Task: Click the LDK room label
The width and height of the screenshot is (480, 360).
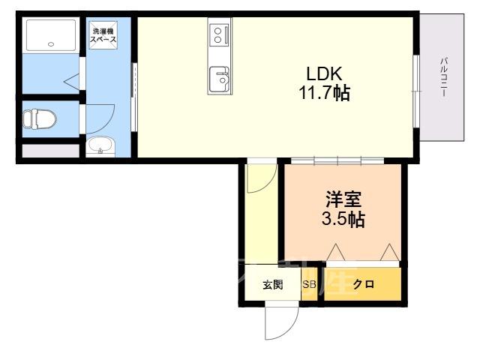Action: [324, 73]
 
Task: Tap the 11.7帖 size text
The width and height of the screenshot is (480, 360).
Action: [325, 92]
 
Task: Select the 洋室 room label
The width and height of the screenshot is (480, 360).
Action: [343, 199]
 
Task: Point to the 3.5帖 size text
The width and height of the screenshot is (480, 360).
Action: [343, 219]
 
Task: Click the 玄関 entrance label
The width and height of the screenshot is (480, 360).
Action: [273, 285]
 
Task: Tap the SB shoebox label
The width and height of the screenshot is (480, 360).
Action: [309, 284]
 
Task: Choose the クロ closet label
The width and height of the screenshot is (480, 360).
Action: [364, 284]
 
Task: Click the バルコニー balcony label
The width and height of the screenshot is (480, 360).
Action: [443, 77]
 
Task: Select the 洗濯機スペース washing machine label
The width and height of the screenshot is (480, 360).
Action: [103, 35]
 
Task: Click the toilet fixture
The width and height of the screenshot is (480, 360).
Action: [40, 118]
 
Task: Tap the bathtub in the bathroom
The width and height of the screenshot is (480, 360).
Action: [51, 35]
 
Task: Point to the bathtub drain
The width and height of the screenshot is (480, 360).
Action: [51, 44]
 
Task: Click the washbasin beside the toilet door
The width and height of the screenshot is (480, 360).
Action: [100, 146]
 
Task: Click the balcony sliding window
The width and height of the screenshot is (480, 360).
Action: [416, 91]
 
